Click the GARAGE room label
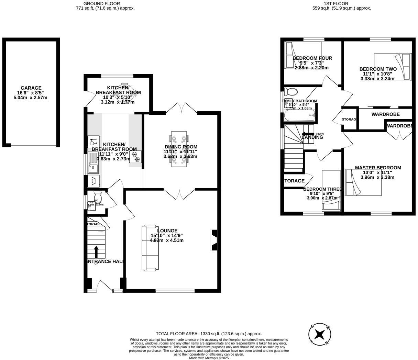point(31,88)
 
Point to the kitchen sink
point(93,163)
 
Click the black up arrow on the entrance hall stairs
point(96,251)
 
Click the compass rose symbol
point(320,334)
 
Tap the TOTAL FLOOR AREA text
point(209,334)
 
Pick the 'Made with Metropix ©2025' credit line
point(209,358)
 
